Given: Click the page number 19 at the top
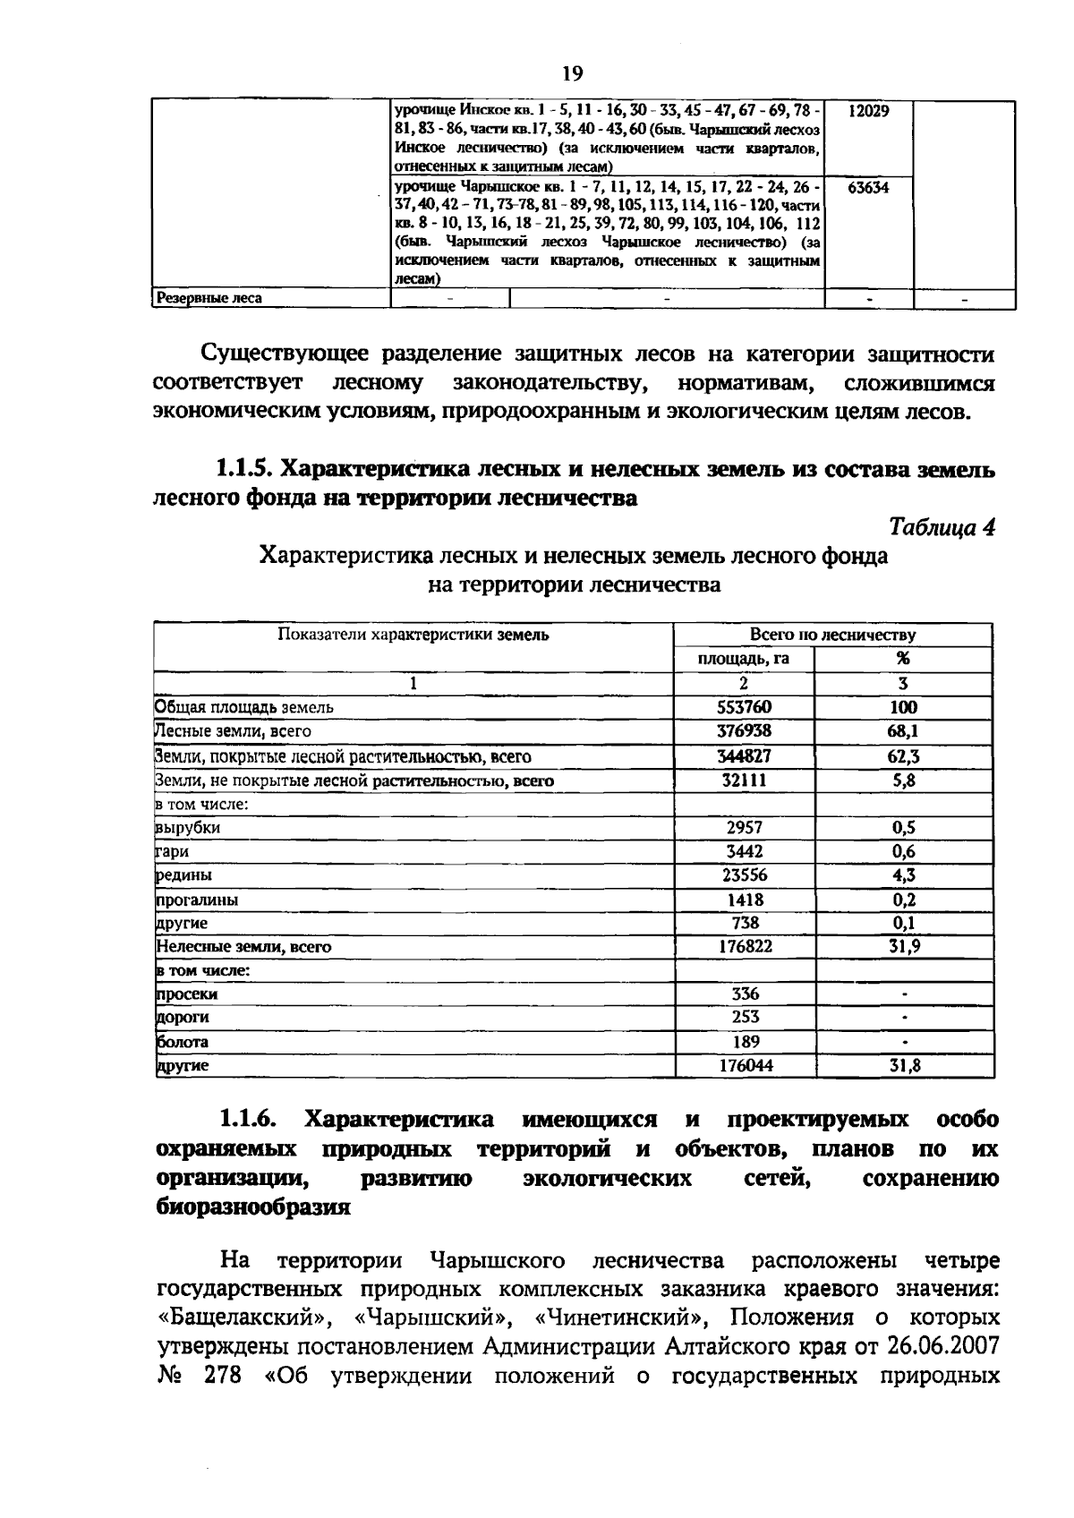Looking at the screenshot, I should click(573, 72).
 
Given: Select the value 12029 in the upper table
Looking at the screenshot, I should click(867, 110).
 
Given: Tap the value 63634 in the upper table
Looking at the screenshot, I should click(867, 188).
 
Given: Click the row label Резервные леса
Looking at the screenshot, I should click(209, 298).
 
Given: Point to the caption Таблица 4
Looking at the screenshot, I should click(942, 527).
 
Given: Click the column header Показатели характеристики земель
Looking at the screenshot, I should click(413, 635).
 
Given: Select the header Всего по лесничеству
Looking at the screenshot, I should click(832, 635).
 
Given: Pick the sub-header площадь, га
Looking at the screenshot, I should click(743, 659).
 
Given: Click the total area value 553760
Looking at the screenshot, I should click(744, 707).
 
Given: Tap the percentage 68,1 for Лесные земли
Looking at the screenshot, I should click(903, 731).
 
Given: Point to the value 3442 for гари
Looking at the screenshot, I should click(744, 851).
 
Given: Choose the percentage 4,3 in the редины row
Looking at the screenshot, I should click(903, 875).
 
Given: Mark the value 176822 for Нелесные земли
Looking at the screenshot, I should click(744, 946).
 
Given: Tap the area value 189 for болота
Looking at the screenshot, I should click(744, 1042).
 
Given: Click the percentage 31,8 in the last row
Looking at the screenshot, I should click(903, 1066).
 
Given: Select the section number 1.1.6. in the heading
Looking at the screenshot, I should click(247, 1120).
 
